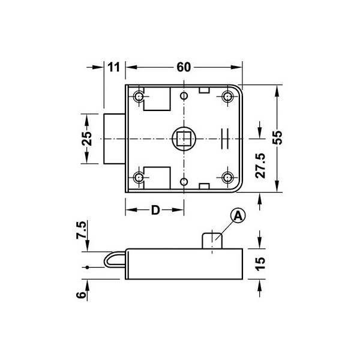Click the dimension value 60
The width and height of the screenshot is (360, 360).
[184, 67]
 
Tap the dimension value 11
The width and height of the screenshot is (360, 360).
[114, 67]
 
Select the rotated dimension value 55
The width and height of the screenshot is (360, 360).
[277, 137]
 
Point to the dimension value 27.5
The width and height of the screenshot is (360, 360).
[260, 166]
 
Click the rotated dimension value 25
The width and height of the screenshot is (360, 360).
[87, 139]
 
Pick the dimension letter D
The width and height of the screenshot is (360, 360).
[155, 210]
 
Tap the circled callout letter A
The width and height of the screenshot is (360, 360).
[238, 216]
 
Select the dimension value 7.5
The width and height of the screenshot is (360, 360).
[82, 230]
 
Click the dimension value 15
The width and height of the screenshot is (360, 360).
[260, 264]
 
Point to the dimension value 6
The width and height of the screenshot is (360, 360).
[81, 295]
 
